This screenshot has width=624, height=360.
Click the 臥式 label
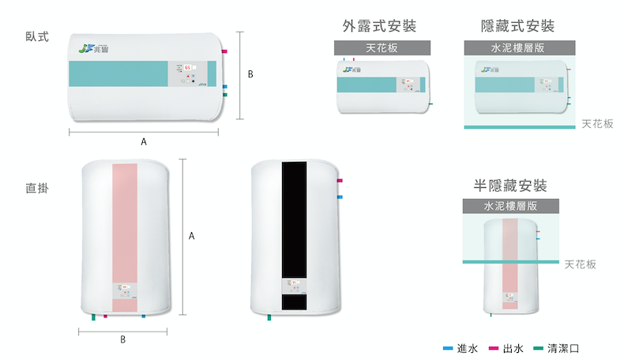(x=37, y=37)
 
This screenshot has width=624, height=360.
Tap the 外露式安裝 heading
(x=380, y=25)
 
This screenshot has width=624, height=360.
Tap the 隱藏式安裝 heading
(x=517, y=25)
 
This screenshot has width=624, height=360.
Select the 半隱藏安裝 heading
(x=510, y=186)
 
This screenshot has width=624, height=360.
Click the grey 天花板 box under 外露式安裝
(x=382, y=47)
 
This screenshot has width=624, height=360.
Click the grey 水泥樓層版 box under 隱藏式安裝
(x=517, y=47)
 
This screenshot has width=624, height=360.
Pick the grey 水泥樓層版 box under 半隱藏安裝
(x=510, y=206)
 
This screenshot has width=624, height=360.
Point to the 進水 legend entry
(x=460, y=348)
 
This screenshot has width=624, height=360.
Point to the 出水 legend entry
(x=506, y=348)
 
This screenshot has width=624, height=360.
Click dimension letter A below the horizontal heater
(x=144, y=142)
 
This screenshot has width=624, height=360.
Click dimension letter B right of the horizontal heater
(x=250, y=75)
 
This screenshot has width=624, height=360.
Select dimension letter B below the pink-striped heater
(x=123, y=339)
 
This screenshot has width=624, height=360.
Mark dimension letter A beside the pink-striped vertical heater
(x=192, y=236)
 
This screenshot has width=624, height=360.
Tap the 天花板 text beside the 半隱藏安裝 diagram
(x=581, y=264)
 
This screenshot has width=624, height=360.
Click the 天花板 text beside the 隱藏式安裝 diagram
(x=597, y=124)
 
